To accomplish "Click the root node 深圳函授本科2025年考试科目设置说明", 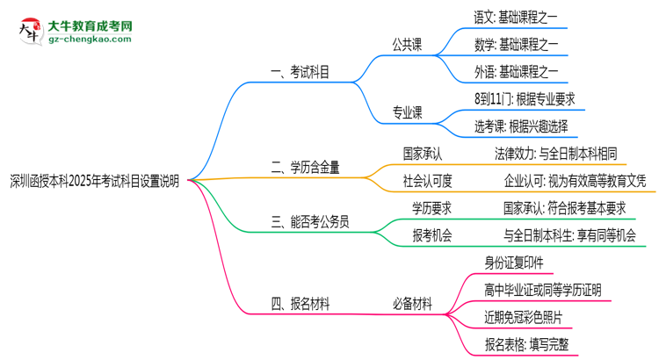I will pyautogui.click(x=94, y=181).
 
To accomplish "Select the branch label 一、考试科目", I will pyautogui.click(x=301, y=74).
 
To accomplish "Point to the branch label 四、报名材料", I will pyautogui.click(x=301, y=304).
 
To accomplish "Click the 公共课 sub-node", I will pyautogui.click(x=407, y=45).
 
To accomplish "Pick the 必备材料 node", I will pyautogui.click(x=411, y=304).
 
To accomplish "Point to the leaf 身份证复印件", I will pyautogui.click(x=513, y=262).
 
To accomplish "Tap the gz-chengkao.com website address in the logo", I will pyautogui.click(x=89, y=38).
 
